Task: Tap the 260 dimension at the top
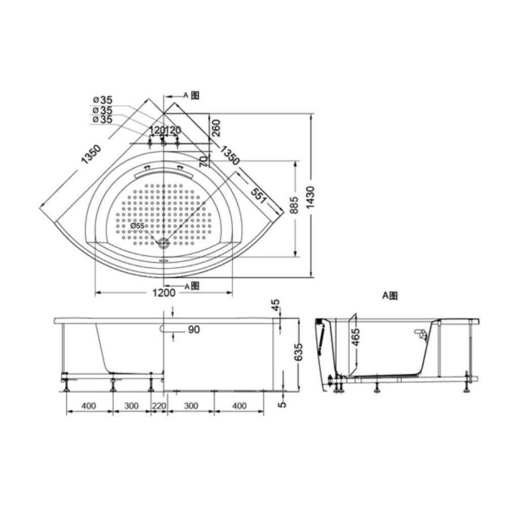pos(216,129)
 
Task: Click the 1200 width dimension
pos(163,293)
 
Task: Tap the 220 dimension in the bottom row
pos(159,406)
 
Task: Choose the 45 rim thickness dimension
pos(275,306)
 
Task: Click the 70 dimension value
pos(203,161)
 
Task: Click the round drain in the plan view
pos(163,243)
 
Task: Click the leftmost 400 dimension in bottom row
pos(89,406)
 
